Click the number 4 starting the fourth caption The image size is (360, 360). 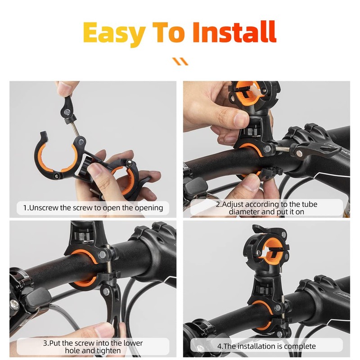[220, 346]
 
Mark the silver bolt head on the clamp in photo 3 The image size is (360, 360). [102, 255]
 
